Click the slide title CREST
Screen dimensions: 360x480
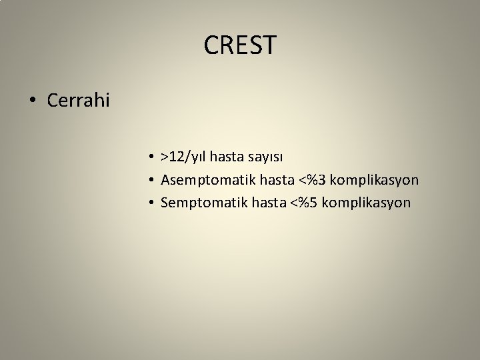point(239,45)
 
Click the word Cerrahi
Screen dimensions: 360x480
point(79,101)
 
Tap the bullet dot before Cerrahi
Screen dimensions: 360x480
point(32,102)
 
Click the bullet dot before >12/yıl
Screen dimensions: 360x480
point(153,157)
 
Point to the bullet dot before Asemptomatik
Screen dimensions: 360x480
point(153,180)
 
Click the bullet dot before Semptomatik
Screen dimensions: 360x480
point(153,203)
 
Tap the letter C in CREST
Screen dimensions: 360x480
point(213,45)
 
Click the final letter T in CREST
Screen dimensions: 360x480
point(268,45)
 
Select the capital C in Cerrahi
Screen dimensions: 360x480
point(53,101)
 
